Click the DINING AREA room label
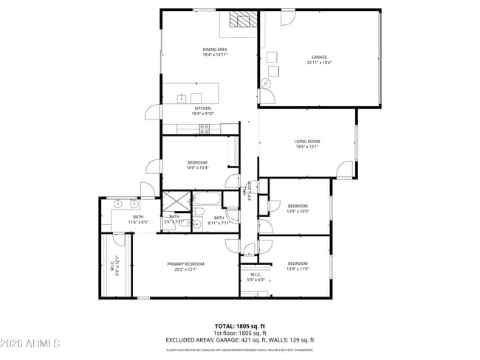215,49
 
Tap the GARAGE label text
319,57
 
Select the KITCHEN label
202,108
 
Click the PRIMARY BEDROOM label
185,264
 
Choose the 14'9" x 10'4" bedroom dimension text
197,167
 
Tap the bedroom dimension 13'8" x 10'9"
298,211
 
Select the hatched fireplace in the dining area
241,20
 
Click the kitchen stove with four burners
205,128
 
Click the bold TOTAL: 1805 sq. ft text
239,325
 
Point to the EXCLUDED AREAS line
239,340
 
